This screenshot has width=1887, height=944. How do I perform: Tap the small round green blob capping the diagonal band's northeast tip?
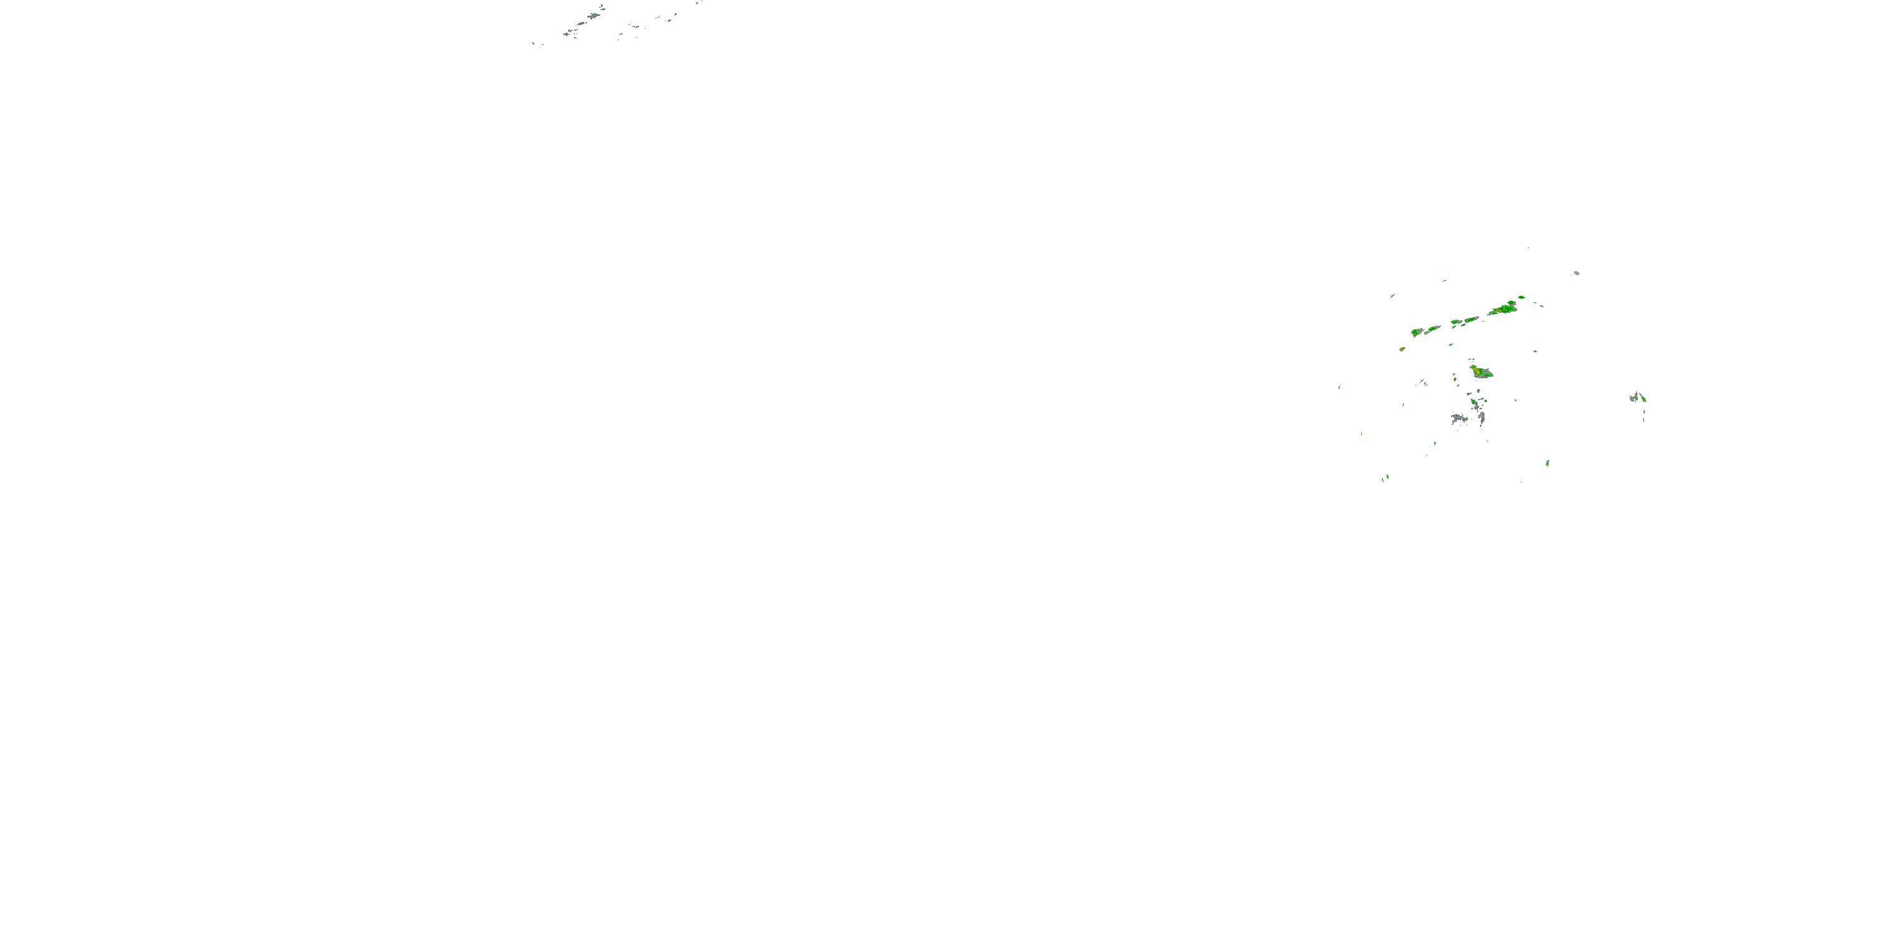pyautogui.click(x=1522, y=298)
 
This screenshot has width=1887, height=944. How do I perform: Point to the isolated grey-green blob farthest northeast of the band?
pyautogui.click(x=1576, y=273)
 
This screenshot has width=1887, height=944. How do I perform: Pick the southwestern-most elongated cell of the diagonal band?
pyautogui.click(x=1417, y=333)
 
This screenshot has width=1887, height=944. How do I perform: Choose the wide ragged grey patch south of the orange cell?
pyautogui.click(x=1459, y=419)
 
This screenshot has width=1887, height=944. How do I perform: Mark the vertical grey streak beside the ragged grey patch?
pyautogui.click(x=1482, y=418)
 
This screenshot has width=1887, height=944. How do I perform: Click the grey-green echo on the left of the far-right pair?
pyautogui.click(x=1634, y=398)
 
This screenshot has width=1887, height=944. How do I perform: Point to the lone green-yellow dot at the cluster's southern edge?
pyautogui.click(x=1547, y=463)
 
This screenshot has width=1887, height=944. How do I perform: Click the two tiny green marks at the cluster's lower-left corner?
pyautogui.click(x=1386, y=478)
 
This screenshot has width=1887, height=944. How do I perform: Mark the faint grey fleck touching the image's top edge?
pyautogui.click(x=698, y=2)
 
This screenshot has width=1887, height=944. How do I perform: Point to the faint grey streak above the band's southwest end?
pyautogui.click(x=1392, y=296)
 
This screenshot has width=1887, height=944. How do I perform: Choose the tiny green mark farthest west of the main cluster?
pyautogui.click(x=1339, y=388)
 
